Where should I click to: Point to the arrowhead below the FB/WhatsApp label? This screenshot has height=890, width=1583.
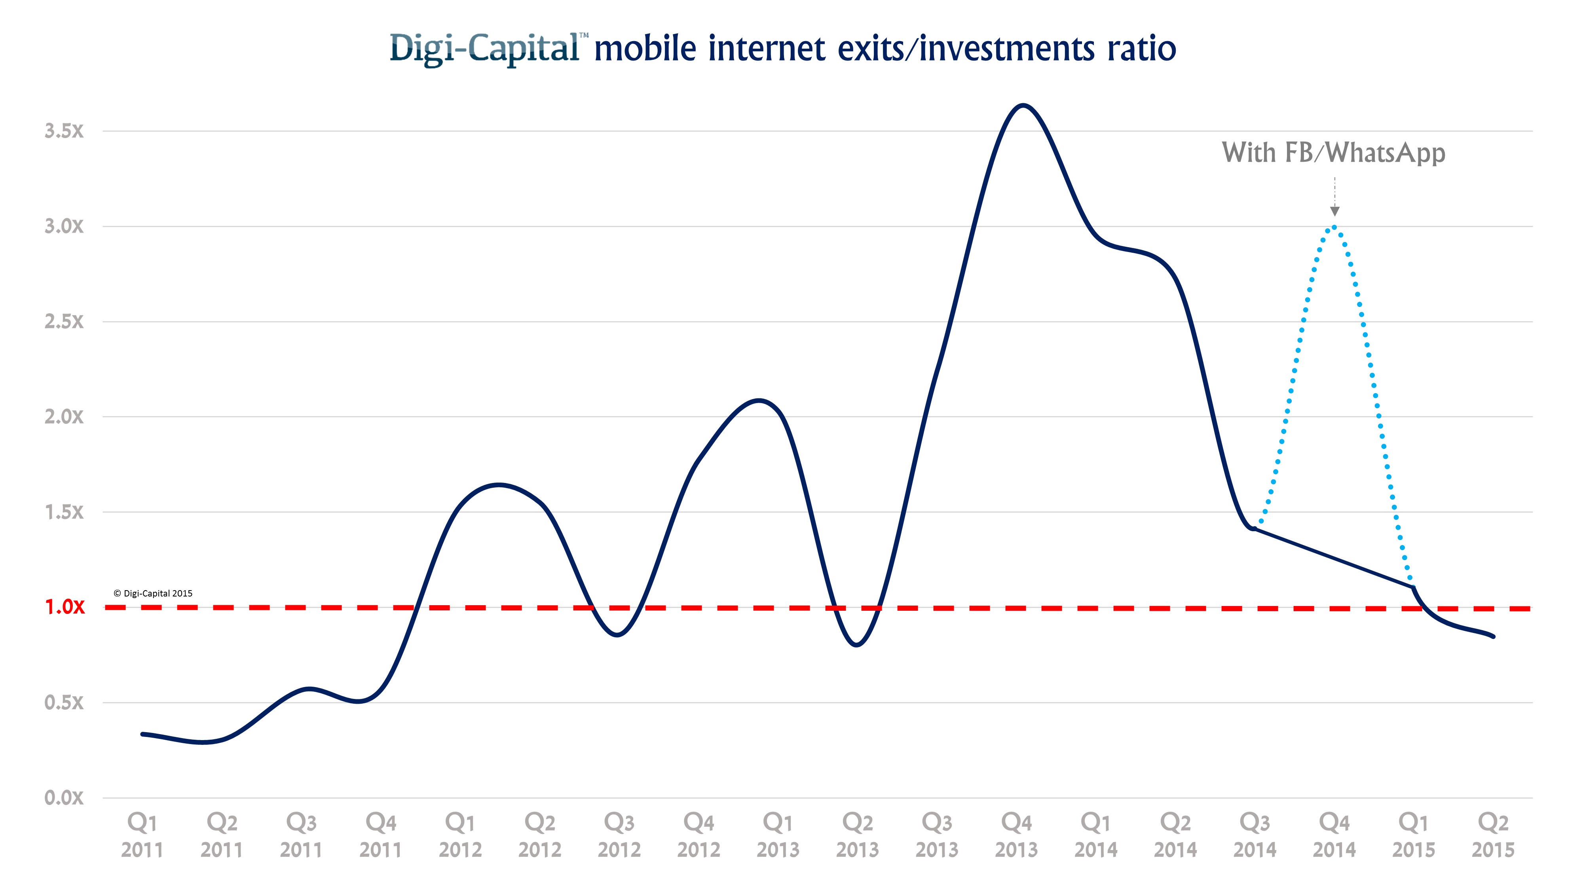click(1334, 211)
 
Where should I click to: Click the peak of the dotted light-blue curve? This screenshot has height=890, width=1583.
click(1334, 227)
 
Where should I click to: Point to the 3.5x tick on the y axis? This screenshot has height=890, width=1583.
click(64, 131)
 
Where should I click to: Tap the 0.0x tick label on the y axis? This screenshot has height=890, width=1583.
click(64, 797)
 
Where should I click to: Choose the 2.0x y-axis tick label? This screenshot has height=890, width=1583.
click(64, 417)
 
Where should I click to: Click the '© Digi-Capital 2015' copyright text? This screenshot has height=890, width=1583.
click(153, 593)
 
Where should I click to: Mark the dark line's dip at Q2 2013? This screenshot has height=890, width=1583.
click(857, 645)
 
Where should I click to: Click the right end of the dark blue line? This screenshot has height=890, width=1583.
click(1493, 636)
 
